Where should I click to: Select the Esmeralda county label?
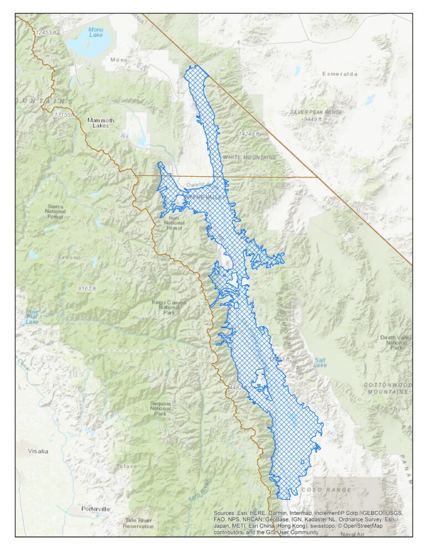pyautogui.click(x=340, y=74)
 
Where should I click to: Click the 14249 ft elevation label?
pyautogui.click(x=248, y=134)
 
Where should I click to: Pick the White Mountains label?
pyautogui.click(x=249, y=158)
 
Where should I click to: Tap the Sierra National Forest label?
pyautogui.click(x=55, y=213)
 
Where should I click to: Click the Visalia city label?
pyautogui.click(x=38, y=451)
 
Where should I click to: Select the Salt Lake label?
pyautogui.click(x=320, y=363)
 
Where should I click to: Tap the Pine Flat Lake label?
pyautogui.click(x=32, y=317)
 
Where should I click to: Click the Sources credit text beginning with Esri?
pyautogui.click(x=308, y=522)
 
